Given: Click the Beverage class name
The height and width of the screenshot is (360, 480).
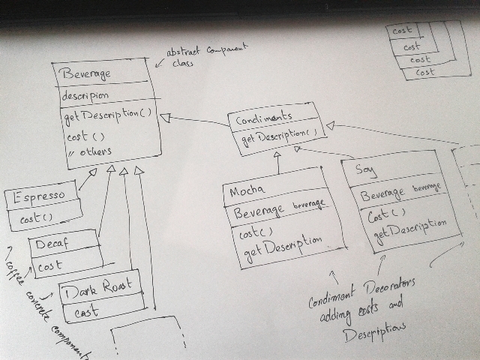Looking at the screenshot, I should tap(88, 74).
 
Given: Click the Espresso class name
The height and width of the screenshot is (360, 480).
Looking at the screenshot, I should tap(39, 196).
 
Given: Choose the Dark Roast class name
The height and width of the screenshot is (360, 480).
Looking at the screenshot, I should tap(100, 286).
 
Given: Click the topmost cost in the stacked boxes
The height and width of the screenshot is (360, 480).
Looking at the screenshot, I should tap(403, 31).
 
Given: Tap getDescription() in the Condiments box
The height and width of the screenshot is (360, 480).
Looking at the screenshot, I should tap(274, 136).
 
